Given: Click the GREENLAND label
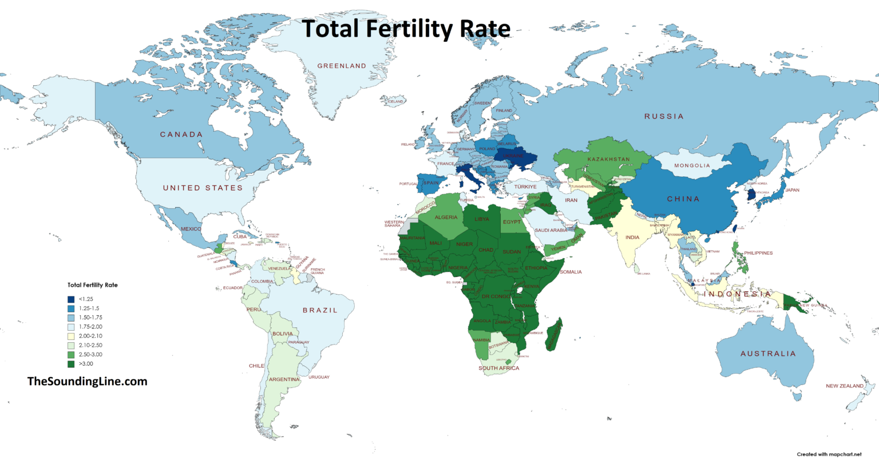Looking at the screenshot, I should tap(342, 66).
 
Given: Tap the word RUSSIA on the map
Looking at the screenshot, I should tap(664, 116).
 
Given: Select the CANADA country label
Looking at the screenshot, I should tap(181, 134).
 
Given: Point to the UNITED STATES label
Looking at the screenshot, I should tap(203, 188).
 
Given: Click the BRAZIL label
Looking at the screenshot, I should tap(320, 310).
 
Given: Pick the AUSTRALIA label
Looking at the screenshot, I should tap(768, 354).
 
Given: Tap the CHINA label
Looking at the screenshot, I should tap(683, 199).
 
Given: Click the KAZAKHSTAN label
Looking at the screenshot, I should tap(608, 159).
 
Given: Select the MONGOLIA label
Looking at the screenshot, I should tap(691, 165).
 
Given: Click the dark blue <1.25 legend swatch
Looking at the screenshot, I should tap(71, 299).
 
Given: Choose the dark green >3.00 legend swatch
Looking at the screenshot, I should tap(71, 364).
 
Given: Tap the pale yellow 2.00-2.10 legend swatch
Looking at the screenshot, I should tap(71, 336).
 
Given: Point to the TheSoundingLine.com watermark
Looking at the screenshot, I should tap(87, 381).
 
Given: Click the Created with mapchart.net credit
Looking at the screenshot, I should tap(828, 454).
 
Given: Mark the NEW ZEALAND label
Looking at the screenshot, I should tap(844, 386).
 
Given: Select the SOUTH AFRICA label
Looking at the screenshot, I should tap(498, 368).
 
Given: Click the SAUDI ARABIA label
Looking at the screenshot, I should tap(551, 230).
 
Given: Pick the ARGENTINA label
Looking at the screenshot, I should tap(284, 379).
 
